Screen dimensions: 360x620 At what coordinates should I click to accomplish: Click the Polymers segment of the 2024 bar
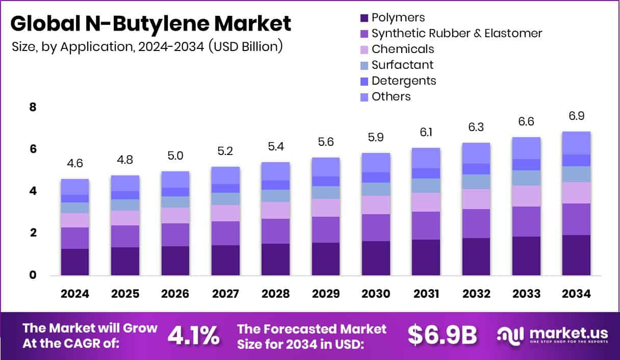pyautogui.click(x=75, y=262)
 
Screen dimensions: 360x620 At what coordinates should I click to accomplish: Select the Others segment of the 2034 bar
pyautogui.click(x=577, y=143)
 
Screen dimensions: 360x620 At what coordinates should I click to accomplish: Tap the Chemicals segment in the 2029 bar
pyautogui.click(x=326, y=208)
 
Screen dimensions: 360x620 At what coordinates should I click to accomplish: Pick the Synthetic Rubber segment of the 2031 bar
pyautogui.click(x=426, y=225)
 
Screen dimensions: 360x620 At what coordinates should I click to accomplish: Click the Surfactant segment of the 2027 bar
pyautogui.click(x=225, y=198)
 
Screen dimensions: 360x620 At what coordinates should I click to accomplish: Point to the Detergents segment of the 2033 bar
pyautogui.click(x=526, y=164)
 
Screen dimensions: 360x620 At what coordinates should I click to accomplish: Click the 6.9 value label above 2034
pyautogui.click(x=577, y=116)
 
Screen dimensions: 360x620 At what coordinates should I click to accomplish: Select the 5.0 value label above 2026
pyautogui.click(x=175, y=156)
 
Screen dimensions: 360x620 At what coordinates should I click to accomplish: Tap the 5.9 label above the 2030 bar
pyautogui.click(x=376, y=137)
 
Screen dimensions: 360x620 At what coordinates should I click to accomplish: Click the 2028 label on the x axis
pyautogui.click(x=275, y=294)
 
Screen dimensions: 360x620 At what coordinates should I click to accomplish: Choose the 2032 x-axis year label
pyautogui.click(x=476, y=294)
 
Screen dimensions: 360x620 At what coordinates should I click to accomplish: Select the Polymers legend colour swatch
pyautogui.click(x=364, y=18)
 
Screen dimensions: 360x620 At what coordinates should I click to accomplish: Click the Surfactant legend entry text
pyautogui.click(x=402, y=65)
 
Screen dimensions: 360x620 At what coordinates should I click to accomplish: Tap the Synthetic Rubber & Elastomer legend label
pyautogui.click(x=456, y=34)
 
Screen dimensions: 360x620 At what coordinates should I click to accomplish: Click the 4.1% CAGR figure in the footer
pyautogui.click(x=194, y=335)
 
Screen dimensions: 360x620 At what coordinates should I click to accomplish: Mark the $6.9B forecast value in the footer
pyautogui.click(x=442, y=335)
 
